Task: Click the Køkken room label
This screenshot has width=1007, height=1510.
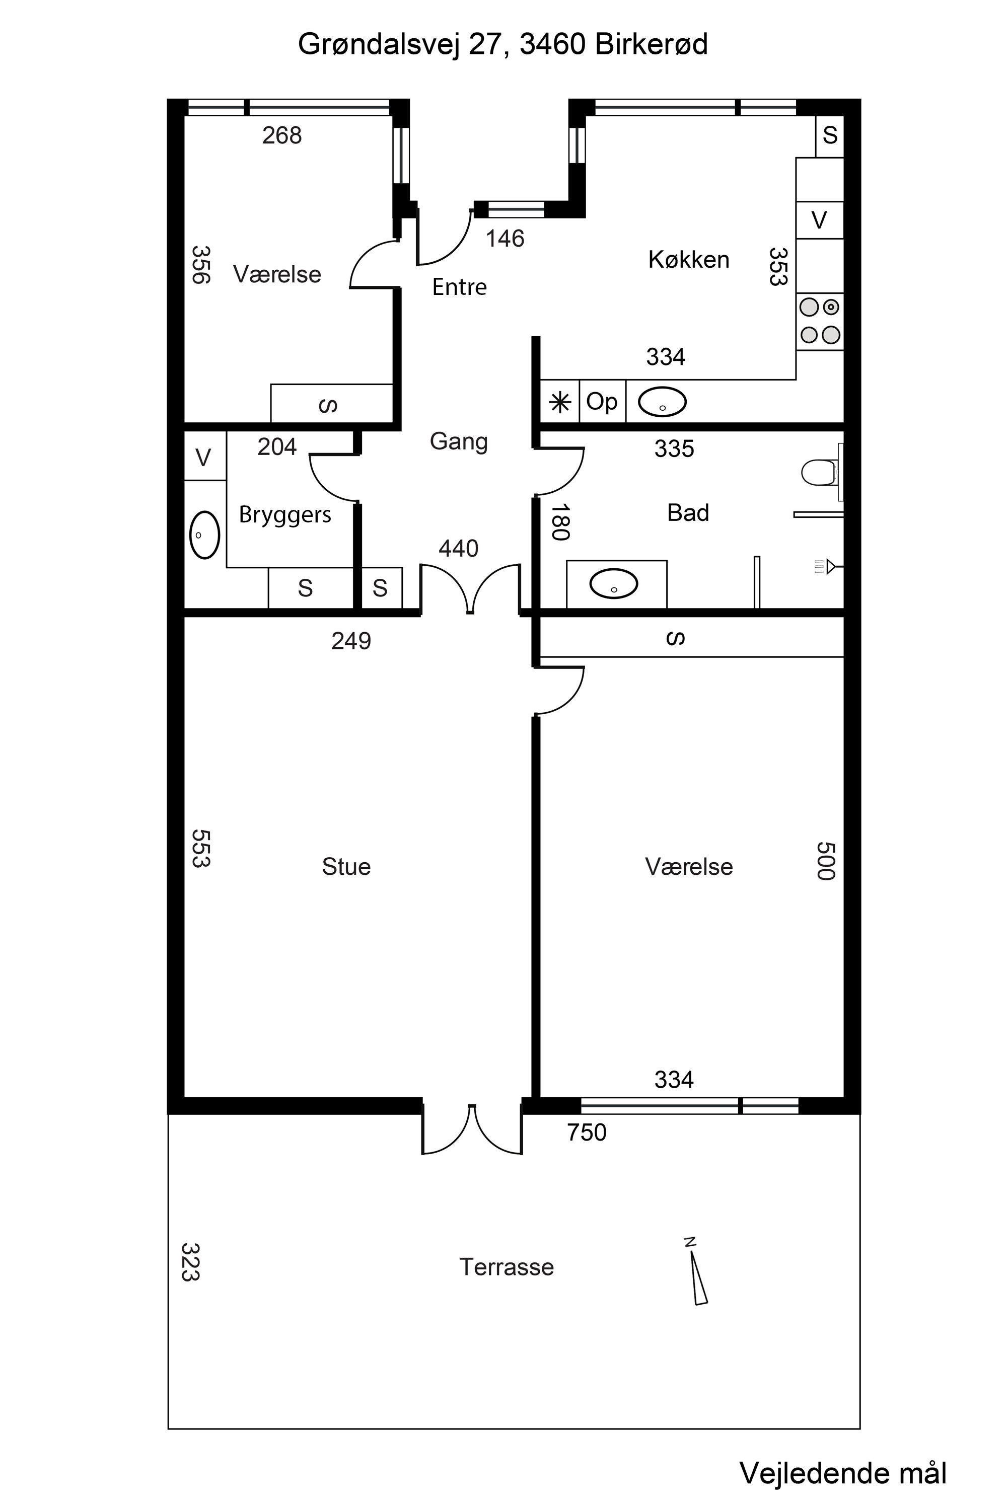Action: [688, 259]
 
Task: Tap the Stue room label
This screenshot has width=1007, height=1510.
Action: [346, 867]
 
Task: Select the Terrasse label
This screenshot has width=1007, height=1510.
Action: [507, 1267]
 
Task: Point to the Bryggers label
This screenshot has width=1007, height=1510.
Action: [285, 515]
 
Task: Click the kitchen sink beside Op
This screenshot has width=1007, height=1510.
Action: [662, 402]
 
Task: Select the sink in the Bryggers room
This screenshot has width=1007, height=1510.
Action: [204, 535]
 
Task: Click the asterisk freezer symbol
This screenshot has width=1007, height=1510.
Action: [560, 403]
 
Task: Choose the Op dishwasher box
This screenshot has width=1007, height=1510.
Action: [602, 401]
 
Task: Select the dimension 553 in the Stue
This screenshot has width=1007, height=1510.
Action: [201, 848]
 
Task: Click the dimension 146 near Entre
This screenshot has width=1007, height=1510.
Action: [505, 239]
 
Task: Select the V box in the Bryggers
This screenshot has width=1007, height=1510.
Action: [203, 457]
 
